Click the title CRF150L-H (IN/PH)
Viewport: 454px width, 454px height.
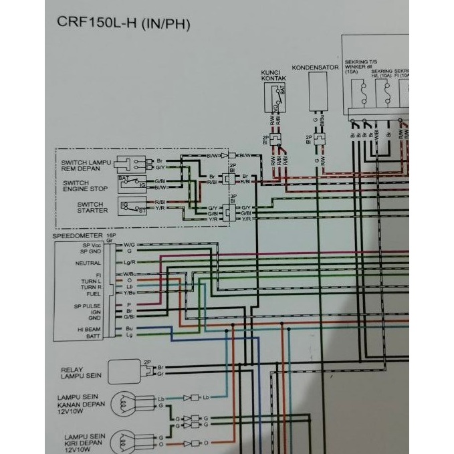(120, 25)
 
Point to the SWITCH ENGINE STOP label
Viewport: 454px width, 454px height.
(85, 185)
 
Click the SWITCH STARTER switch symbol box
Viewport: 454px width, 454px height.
(132, 207)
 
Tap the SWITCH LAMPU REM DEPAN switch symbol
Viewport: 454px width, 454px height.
(132, 164)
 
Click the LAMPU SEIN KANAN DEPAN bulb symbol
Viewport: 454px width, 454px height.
(125, 403)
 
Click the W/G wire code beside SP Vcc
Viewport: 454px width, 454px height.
(128, 245)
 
